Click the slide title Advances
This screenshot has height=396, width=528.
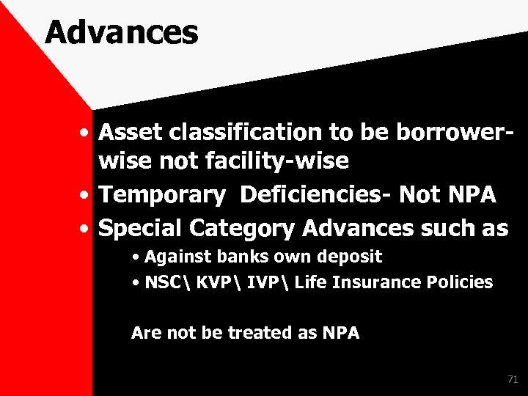click(x=121, y=33)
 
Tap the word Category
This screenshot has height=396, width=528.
click(x=242, y=229)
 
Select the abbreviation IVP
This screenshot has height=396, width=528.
click(x=261, y=282)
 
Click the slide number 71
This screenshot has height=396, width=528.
click(x=512, y=379)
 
